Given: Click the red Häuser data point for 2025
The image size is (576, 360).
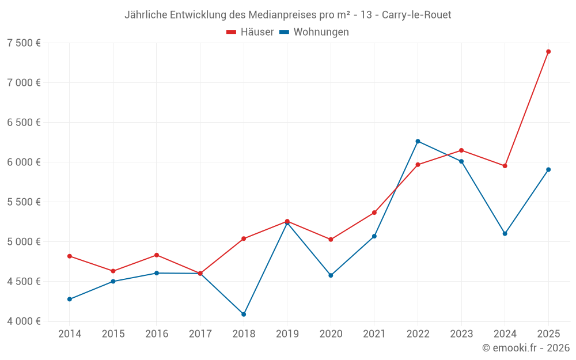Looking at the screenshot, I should click(x=548, y=52).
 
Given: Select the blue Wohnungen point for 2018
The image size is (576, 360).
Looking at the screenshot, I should click(x=244, y=314).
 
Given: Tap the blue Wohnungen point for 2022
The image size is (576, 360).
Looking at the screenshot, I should click(x=418, y=141).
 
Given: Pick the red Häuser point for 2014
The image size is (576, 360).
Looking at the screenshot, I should click(x=70, y=256).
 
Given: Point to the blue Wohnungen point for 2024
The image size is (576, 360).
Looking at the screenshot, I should click(x=505, y=234).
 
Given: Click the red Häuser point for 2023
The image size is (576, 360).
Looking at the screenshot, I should click(x=461, y=150).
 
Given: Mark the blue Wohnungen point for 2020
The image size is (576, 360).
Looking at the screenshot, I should click(x=331, y=275).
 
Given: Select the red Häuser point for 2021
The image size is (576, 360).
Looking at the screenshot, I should click(x=374, y=213).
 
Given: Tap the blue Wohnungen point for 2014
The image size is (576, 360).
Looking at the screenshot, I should click(x=70, y=300).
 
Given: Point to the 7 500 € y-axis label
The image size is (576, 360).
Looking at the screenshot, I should click(x=24, y=43).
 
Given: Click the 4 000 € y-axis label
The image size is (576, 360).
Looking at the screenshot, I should click(x=24, y=321).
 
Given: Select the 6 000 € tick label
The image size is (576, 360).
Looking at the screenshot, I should click(x=24, y=162).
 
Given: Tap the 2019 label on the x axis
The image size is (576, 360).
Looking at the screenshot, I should click(x=287, y=334).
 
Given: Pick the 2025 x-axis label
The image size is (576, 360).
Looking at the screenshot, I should click(x=548, y=334).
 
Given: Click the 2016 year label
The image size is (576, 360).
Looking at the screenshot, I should click(x=157, y=334).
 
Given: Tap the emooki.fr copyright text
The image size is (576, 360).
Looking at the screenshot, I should click(x=526, y=348).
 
